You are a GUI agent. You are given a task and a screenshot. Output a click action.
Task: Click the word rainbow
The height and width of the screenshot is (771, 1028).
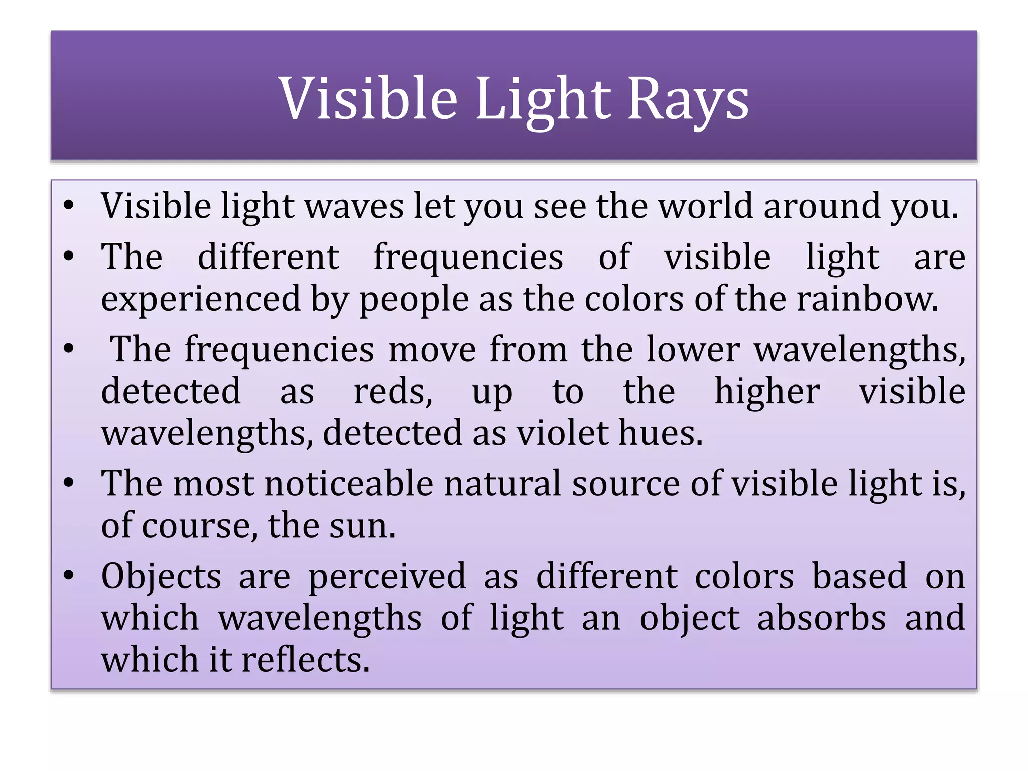(867, 299)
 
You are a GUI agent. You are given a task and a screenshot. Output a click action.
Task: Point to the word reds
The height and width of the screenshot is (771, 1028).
(393, 392)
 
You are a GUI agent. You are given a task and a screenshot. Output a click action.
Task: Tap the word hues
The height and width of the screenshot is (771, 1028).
(660, 433)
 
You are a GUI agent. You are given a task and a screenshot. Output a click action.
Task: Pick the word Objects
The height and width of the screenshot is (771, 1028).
(161, 576)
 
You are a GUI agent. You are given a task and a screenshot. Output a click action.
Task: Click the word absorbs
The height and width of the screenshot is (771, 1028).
(821, 618)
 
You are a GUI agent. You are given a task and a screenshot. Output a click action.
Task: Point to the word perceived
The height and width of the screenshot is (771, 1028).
(387, 577)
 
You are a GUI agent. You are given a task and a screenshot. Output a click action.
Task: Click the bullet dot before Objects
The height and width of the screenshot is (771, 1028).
(69, 575)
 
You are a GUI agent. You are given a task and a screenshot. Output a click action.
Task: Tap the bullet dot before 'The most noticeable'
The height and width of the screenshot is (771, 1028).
(69, 483)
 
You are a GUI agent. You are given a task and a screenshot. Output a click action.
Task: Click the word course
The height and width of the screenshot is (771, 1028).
(196, 526)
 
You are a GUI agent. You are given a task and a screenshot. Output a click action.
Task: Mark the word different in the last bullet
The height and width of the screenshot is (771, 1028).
(606, 576)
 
